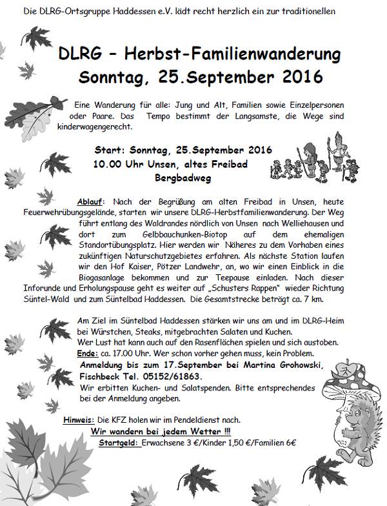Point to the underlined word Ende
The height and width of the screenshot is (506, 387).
tap(88, 353)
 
